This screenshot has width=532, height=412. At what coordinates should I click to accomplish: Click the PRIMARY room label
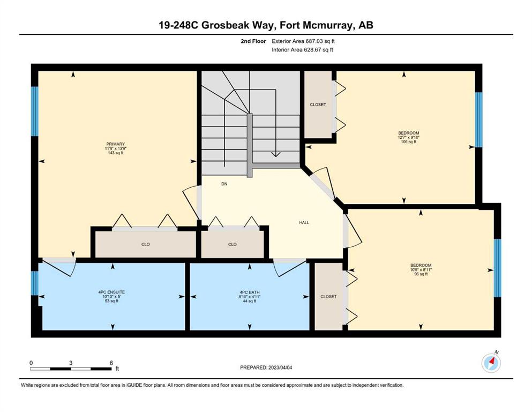115,144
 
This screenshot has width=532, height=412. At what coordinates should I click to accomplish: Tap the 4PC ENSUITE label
111,292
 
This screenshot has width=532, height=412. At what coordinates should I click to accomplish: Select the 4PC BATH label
249,292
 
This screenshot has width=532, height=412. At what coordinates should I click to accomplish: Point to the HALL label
304,223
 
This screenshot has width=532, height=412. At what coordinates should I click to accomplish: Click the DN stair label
224,184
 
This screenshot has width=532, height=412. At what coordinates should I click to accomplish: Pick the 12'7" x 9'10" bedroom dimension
408,137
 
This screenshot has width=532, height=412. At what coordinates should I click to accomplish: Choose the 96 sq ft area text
421,274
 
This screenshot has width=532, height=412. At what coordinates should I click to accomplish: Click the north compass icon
491,363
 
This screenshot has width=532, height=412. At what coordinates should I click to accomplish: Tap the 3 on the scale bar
71,363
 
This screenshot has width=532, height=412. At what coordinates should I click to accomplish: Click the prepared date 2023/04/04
280,367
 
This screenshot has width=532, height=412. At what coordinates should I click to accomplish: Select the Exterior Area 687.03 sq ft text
303,41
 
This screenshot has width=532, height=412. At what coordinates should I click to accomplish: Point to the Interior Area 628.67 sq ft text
302,49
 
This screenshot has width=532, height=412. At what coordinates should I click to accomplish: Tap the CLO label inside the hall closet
233,244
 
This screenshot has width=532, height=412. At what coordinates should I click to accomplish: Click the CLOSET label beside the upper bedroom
318,105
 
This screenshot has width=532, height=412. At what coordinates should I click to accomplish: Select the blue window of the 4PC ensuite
35,283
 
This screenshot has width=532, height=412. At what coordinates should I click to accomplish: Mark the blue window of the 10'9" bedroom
497,268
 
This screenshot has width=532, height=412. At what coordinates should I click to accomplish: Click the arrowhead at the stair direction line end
276,154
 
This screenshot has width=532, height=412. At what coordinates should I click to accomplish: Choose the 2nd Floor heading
253,41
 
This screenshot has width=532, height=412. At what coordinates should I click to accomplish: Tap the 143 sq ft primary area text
115,153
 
